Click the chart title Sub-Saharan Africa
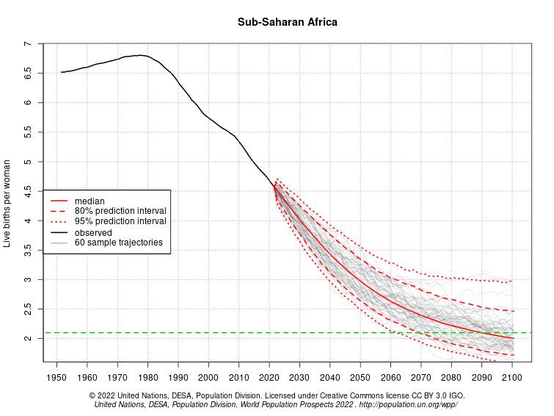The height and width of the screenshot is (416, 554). (x=287, y=22)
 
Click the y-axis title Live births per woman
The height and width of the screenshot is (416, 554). (x=7, y=202)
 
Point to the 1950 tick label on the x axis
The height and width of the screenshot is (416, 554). (x=57, y=377)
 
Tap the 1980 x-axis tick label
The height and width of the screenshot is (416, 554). (x=147, y=377)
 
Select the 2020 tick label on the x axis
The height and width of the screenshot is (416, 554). (x=269, y=377)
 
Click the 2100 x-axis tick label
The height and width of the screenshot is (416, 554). (x=511, y=377)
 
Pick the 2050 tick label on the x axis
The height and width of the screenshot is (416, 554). (x=360, y=377)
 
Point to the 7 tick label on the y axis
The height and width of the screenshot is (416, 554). (x=28, y=44)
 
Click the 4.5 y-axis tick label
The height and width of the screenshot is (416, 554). (x=28, y=191)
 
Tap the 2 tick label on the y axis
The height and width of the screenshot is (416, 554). (x=28, y=338)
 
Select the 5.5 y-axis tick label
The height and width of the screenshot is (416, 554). (x=28, y=132)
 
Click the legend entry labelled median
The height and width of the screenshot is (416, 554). (x=90, y=201)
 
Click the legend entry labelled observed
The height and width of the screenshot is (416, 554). (x=93, y=232)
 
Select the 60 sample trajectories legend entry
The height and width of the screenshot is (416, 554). (x=118, y=243)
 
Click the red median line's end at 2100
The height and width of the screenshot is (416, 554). (x=513, y=338)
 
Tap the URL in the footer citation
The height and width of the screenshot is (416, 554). (x=408, y=404)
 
